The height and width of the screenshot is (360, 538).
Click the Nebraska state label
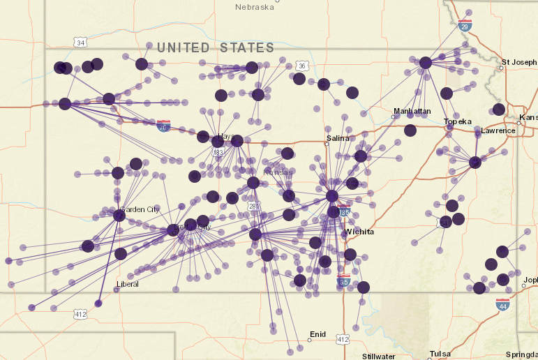255,6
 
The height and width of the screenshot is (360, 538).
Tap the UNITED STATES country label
215,48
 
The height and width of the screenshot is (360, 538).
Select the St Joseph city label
519,62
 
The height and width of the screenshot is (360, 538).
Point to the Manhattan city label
412,111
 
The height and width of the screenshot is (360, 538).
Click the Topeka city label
458,121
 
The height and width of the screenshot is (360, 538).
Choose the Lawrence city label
498,130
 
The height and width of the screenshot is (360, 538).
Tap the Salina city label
337,138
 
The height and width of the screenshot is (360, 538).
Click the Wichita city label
359,232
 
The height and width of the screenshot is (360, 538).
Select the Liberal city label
128,284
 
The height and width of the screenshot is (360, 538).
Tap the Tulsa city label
440,354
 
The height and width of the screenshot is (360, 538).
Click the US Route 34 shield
81,43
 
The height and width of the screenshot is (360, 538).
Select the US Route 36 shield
301,66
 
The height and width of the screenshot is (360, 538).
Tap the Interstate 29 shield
465,25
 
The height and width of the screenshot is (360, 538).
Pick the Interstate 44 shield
502,304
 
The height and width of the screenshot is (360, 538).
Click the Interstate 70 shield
163,126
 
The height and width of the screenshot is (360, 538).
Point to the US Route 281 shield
253,207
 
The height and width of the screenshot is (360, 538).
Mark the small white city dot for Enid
309,341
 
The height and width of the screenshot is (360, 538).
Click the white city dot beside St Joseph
502,68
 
